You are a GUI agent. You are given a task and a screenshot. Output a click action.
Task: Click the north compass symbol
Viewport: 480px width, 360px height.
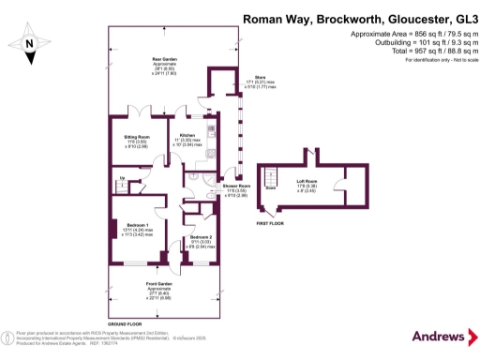coord(28,41)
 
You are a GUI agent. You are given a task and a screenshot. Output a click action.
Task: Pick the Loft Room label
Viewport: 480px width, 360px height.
coord(307,182)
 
